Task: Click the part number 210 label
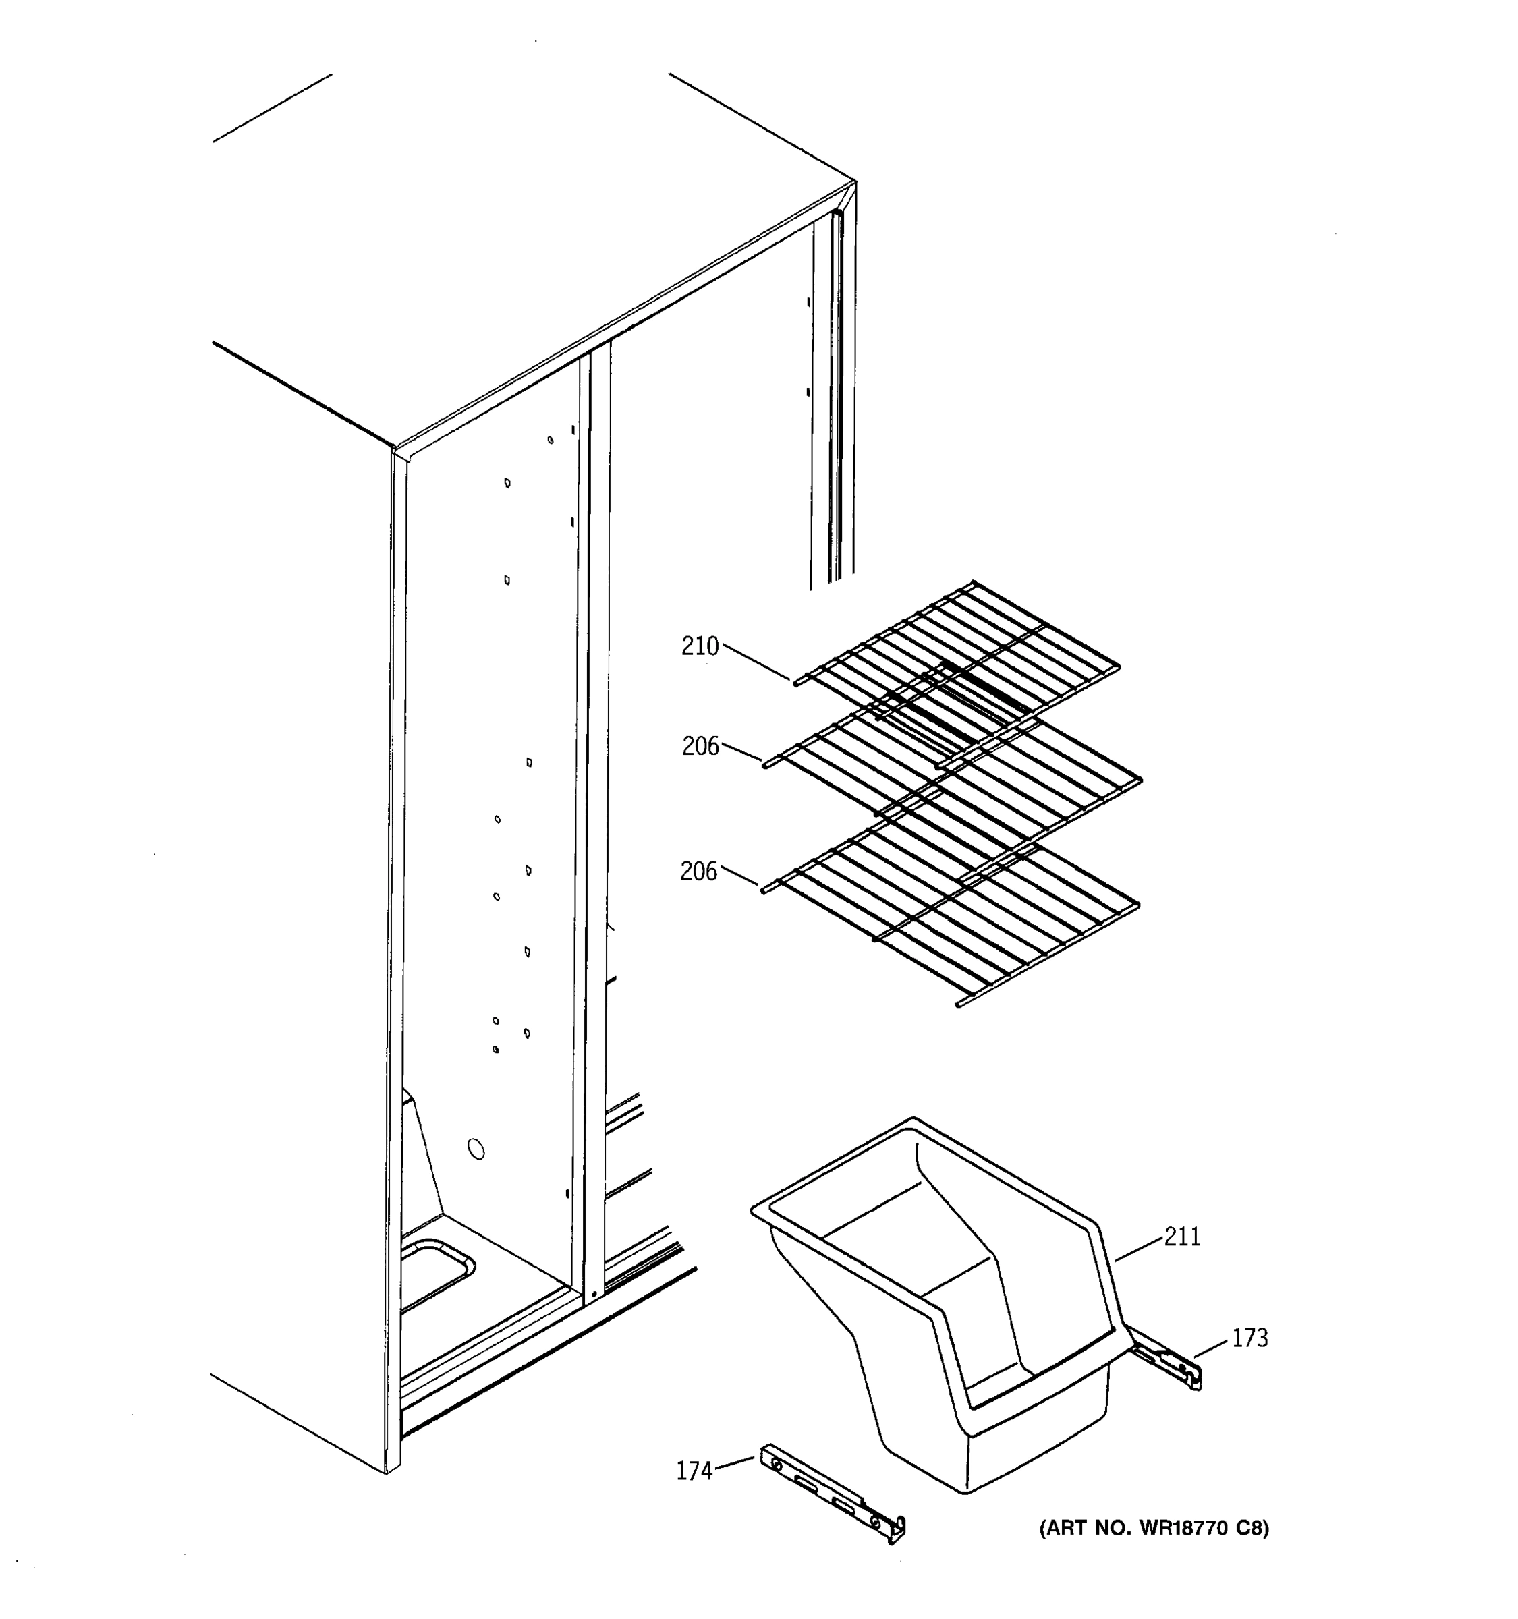coord(700,647)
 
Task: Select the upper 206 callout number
coord(700,746)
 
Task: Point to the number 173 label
coord(1249,1338)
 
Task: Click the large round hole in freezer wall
coord(476,1149)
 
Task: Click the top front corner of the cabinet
coord(394,449)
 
